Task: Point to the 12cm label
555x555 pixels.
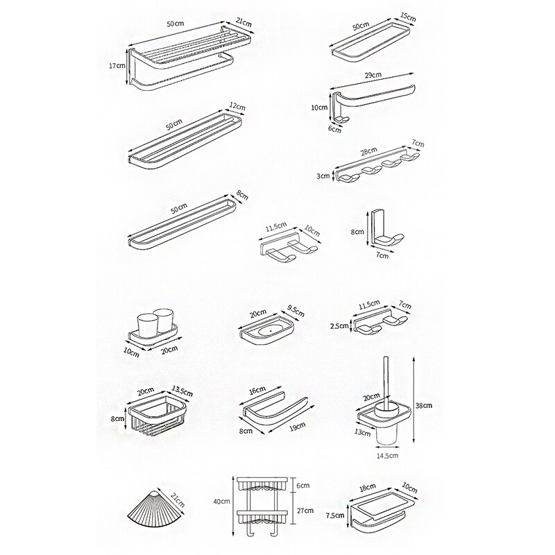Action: coord(238,108)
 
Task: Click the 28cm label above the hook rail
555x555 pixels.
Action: coord(368,151)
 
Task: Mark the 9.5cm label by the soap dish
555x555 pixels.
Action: coord(295,313)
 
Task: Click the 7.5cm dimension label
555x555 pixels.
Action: coord(336,515)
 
